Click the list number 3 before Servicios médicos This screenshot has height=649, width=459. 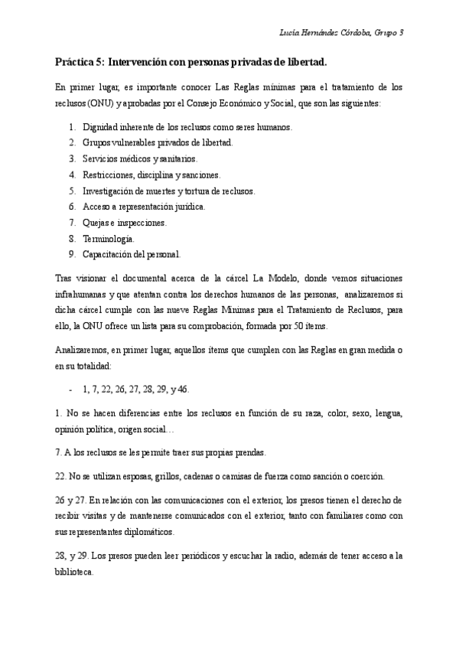click(x=71, y=158)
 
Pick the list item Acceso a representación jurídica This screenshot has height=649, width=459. click(x=144, y=207)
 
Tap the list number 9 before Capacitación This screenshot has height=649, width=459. click(x=71, y=254)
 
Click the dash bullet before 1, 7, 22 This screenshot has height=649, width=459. click(x=70, y=389)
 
